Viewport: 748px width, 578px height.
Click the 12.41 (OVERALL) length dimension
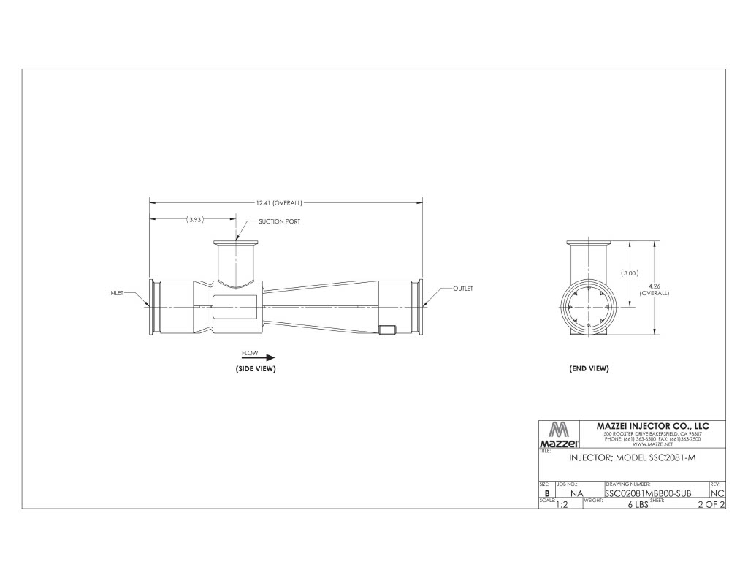[x=278, y=203]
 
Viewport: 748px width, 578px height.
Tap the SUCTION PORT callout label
[x=279, y=221]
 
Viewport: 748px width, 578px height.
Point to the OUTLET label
[x=463, y=289]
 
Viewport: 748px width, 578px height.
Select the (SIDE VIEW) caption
[x=255, y=369]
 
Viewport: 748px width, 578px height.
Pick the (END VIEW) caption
[x=589, y=369]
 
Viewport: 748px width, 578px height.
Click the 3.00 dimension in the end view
[x=630, y=273]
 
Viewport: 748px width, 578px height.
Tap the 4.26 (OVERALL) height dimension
[x=654, y=289]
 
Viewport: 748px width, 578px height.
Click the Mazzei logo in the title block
[x=559, y=435]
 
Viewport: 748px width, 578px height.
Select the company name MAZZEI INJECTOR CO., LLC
[x=652, y=426]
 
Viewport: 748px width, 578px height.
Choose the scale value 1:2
[x=561, y=504]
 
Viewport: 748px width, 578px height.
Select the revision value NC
[x=717, y=493]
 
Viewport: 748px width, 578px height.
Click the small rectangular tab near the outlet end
[x=387, y=330]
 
